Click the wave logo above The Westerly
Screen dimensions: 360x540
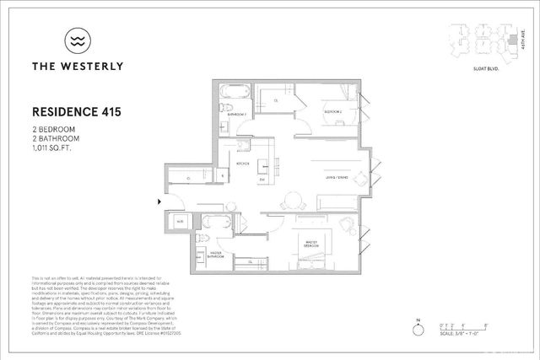(76, 40)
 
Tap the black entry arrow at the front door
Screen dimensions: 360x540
(160, 201)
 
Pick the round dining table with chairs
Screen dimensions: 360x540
(293, 201)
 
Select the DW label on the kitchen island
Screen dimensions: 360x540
(262, 180)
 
